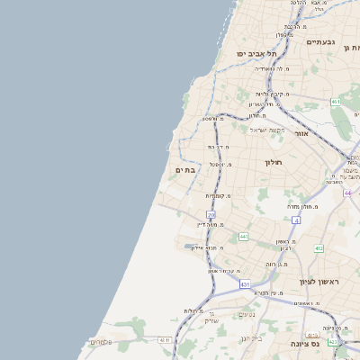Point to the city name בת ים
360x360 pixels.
(185, 169)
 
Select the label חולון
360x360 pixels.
(274, 162)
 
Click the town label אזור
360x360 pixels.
(301, 133)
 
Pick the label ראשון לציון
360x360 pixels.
(321, 283)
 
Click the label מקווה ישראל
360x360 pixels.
(267, 130)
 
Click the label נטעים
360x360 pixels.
(247, 314)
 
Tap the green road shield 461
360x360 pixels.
(336, 102)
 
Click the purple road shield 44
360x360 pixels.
(347, 193)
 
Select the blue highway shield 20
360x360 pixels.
(211, 215)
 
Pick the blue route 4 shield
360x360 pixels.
(295, 220)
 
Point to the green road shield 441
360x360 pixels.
(244, 237)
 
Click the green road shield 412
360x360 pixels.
(319, 248)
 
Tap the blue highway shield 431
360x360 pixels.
(245, 284)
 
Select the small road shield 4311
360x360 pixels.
(165, 339)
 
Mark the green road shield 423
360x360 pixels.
(333, 341)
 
